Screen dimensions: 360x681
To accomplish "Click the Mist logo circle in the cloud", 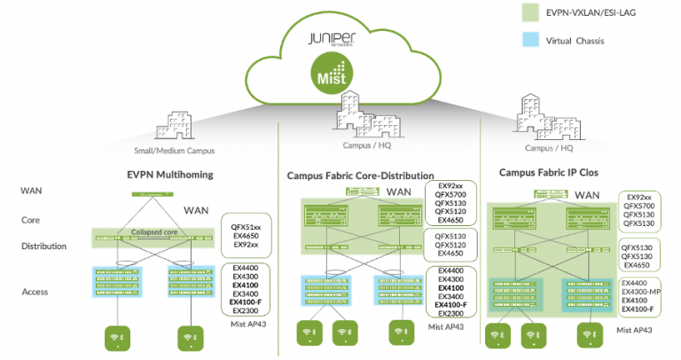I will coord(337,72).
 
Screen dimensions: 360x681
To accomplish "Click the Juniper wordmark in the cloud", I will coord(338,41).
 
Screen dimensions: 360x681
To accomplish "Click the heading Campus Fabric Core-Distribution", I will coord(360,176).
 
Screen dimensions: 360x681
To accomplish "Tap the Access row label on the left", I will coord(36,291).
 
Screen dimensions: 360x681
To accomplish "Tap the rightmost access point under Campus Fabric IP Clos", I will coord(587,335).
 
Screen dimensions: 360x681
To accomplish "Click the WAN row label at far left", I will coord(32,191).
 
